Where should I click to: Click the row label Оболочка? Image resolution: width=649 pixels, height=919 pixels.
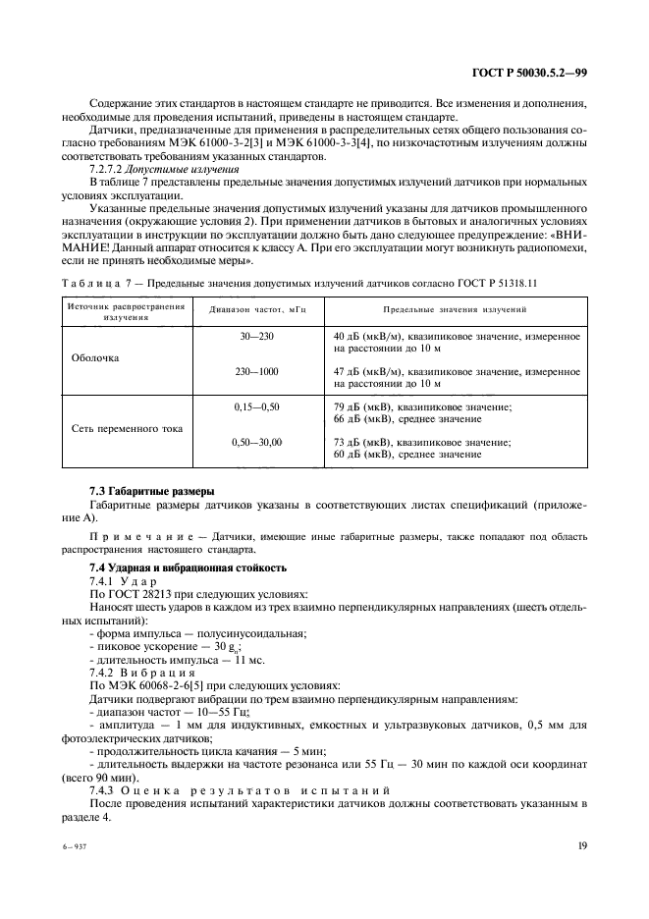click(x=95, y=357)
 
